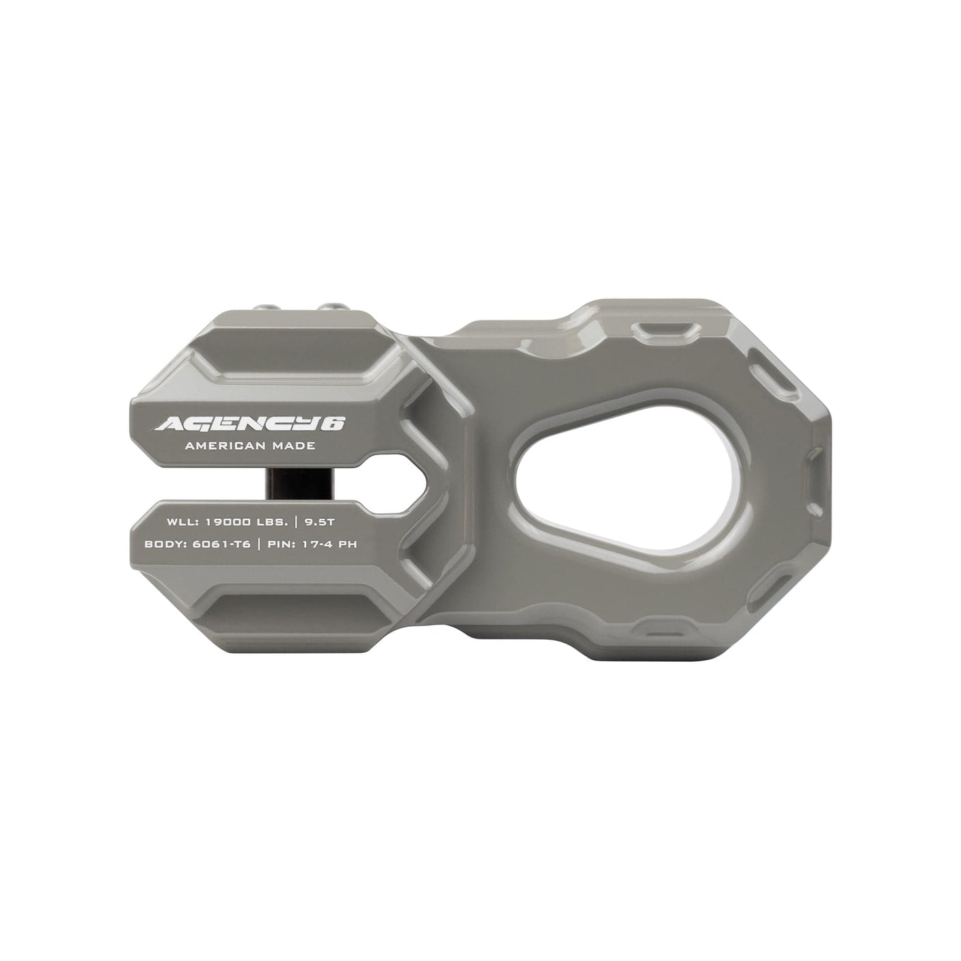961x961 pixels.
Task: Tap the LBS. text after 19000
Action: coord(271,522)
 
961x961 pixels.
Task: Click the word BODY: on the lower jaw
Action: coord(165,545)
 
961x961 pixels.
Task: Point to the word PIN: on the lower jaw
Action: coord(284,545)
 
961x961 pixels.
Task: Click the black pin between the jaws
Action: coord(280,485)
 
